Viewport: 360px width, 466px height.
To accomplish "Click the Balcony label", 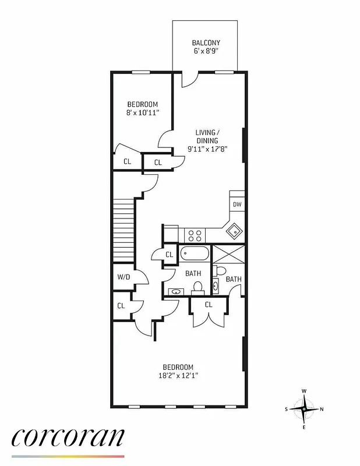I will coord(206,43).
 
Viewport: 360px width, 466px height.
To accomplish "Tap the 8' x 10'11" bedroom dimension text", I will coord(142,113).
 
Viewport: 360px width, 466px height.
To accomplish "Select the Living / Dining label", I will coord(207,136).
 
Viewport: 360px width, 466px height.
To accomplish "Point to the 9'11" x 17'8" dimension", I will coord(207,149).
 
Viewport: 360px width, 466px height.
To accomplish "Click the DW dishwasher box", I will coord(237,204).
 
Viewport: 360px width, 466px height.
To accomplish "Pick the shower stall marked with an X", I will coord(229,255).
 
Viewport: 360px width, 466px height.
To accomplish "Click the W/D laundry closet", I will coord(123,277).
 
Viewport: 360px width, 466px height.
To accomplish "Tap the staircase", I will coord(123,230).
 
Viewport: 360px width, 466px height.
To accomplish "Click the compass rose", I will coord(303,409).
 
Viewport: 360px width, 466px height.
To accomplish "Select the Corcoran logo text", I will coord(68,436).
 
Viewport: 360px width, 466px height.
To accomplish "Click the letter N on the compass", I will coord(322,409).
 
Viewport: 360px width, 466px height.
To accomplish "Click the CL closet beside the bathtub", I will coord(169,255).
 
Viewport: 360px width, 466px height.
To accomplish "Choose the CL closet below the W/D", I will coord(121,305).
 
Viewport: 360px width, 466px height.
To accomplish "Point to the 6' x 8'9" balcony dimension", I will coord(206,52).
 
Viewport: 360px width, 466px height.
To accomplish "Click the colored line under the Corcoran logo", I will coord(68,456).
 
